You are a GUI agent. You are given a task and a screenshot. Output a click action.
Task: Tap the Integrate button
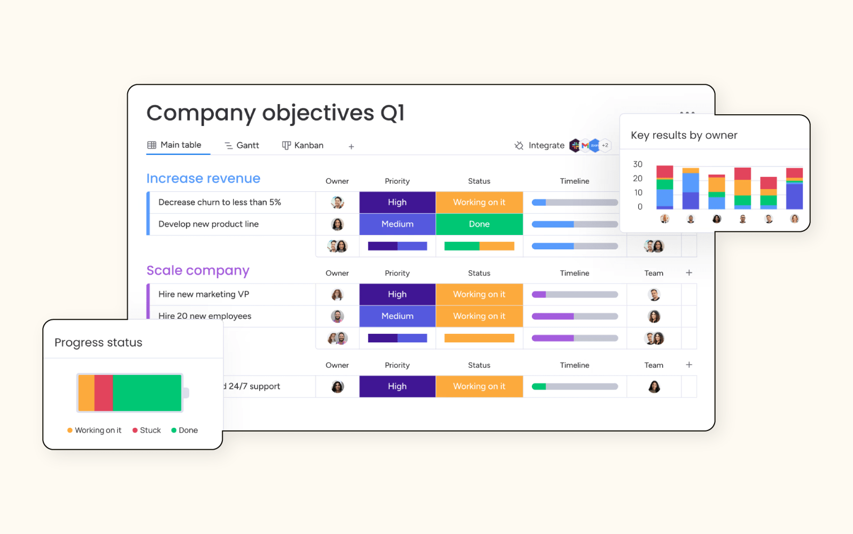(x=539, y=145)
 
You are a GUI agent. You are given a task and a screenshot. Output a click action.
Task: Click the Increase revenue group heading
(x=203, y=178)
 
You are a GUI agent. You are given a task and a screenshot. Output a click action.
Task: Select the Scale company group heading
(x=198, y=271)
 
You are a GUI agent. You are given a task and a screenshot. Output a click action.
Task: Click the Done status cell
(x=479, y=224)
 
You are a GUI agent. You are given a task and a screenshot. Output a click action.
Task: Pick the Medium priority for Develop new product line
(x=397, y=224)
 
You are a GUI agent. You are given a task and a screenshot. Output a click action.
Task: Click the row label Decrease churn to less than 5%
(x=220, y=202)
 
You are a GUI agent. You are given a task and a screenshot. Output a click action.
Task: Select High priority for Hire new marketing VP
(x=397, y=294)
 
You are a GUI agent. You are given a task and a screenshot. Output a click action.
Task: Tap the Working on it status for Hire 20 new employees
(x=479, y=316)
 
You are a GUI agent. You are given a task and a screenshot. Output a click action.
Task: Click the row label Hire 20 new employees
(x=205, y=316)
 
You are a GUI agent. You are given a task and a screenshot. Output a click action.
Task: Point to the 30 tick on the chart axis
(x=638, y=164)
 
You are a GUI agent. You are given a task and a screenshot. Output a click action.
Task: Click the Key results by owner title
(x=684, y=135)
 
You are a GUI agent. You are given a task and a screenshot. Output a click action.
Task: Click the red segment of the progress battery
(x=104, y=393)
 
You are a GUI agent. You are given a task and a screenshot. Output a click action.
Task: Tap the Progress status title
(x=98, y=342)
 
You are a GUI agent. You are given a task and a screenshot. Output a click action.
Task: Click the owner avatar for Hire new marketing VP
(x=337, y=294)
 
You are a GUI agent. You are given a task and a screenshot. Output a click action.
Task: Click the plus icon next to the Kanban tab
(x=351, y=146)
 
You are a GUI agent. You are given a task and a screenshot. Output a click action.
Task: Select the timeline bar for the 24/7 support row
(x=575, y=387)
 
